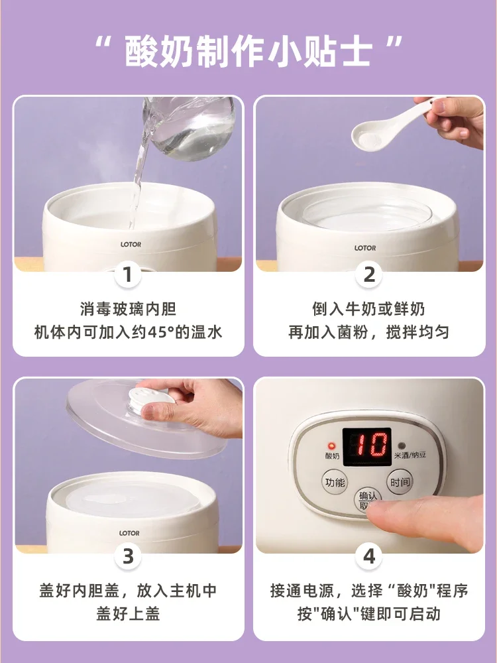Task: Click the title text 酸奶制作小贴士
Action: point(248,51)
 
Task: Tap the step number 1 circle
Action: point(128,274)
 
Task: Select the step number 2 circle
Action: point(369,274)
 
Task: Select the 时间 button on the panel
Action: point(400,483)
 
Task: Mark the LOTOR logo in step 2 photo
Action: point(364,248)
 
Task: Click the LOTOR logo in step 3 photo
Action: point(129,533)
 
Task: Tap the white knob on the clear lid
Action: point(156,400)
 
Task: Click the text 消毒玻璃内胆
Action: point(128,309)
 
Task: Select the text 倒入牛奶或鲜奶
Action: point(368,309)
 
